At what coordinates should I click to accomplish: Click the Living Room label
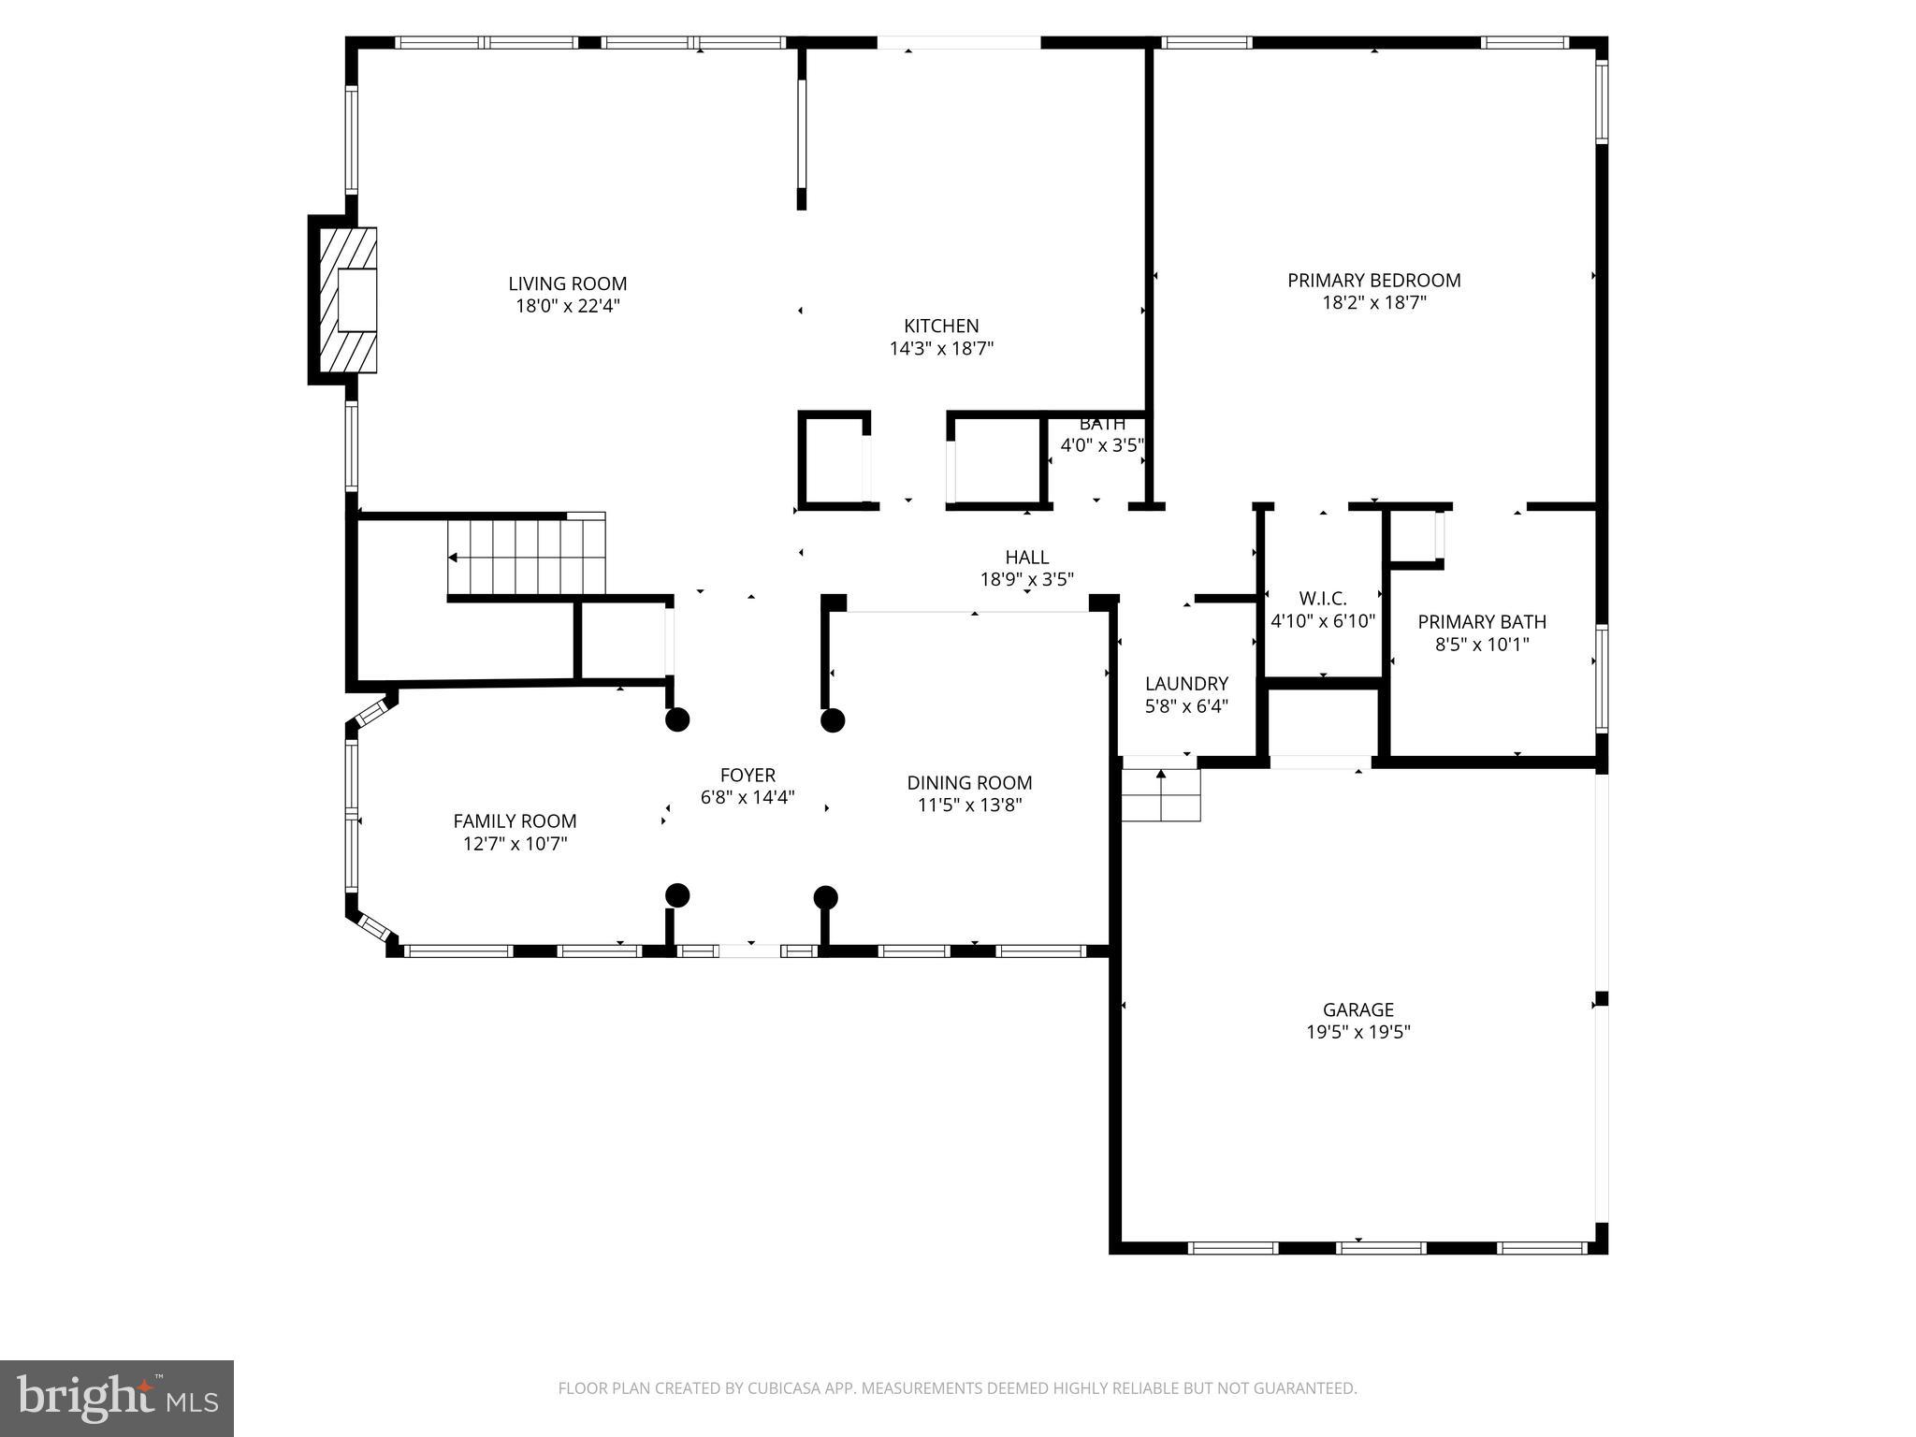pos(567,283)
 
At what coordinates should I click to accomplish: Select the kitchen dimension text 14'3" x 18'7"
pos(940,349)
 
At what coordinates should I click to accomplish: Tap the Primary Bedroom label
pos(1373,280)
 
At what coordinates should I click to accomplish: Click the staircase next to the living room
pos(526,558)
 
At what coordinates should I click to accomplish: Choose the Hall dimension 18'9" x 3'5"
pos(1026,580)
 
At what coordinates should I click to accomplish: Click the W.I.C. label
pos(1322,599)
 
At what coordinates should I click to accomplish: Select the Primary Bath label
pos(1481,622)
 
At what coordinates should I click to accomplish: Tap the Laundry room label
pos(1185,684)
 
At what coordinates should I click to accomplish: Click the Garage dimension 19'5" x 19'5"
pos(1357,1032)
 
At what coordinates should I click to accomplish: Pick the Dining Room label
pos(969,783)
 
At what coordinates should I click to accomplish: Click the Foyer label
pos(748,775)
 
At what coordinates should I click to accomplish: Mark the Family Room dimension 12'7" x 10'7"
pos(515,844)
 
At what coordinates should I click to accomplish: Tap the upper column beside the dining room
pos(833,720)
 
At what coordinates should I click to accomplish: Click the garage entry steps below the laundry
pos(1161,795)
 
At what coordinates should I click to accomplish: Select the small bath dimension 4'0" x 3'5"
pos(1101,445)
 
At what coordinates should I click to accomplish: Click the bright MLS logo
pos(117,1398)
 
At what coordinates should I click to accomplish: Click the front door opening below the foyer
pos(749,951)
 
